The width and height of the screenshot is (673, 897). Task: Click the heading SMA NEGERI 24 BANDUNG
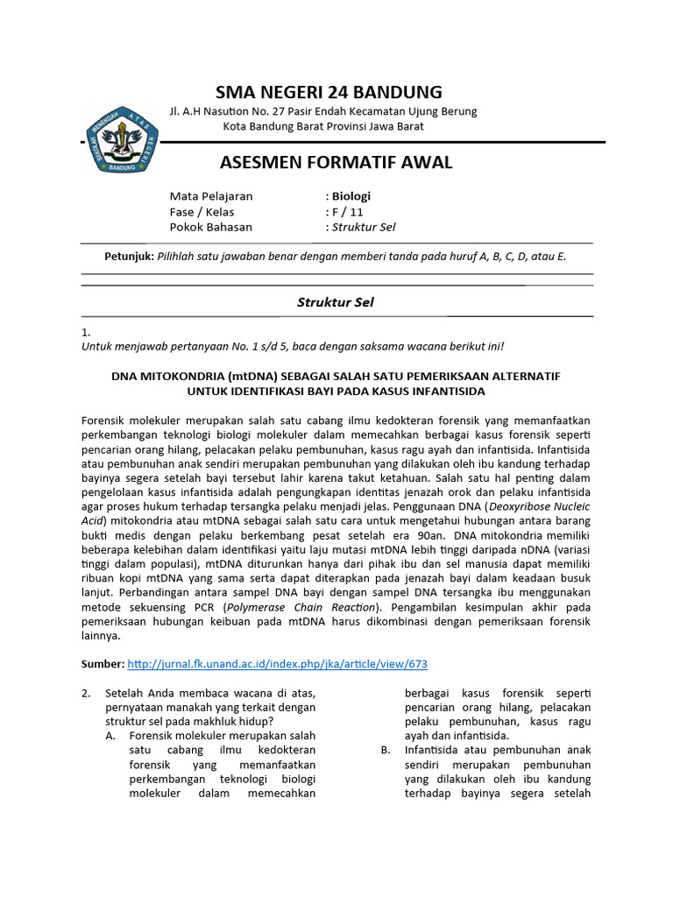point(329,92)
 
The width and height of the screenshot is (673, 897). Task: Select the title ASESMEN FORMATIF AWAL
point(335,162)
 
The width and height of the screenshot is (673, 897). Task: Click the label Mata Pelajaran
point(210,196)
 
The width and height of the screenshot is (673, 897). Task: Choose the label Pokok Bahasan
point(210,227)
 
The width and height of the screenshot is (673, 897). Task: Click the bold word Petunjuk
point(128,256)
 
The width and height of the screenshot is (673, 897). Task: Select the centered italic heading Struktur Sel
point(336,302)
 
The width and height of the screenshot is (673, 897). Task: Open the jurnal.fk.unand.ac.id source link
point(278,664)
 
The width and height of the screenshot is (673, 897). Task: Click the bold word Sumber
point(102,664)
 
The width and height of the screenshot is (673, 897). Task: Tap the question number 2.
point(86,693)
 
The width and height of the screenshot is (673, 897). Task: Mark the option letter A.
point(110,736)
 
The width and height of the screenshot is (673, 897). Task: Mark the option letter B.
point(386,751)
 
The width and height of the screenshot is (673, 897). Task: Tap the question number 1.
point(85,333)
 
